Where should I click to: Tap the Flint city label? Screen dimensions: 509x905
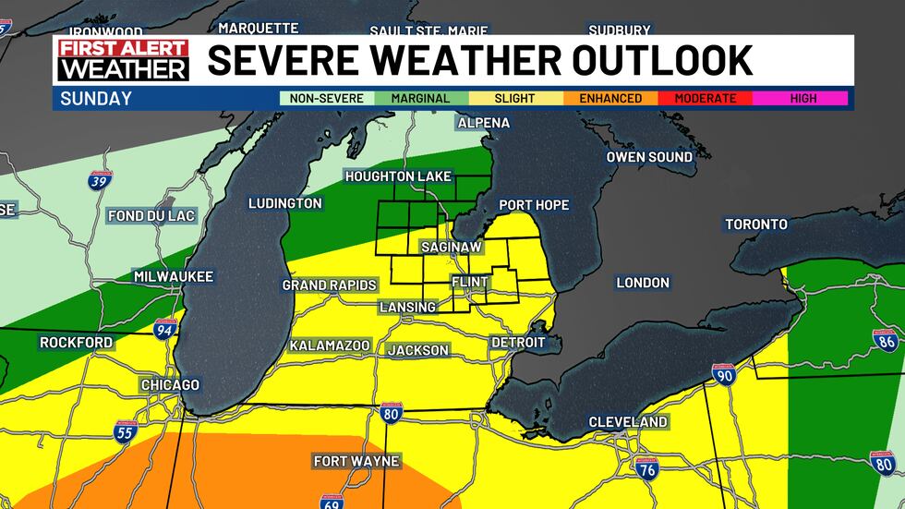pyautogui.click(x=469, y=281)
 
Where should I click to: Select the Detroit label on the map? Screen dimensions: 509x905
pyautogui.click(x=518, y=343)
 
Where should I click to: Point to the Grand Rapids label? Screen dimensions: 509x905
pyautogui.click(x=330, y=285)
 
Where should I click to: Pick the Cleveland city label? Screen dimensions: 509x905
pyautogui.click(x=628, y=422)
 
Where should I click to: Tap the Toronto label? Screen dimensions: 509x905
pyautogui.click(x=755, y=224)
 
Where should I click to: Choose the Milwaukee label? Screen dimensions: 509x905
pyautogui.click(x=173, y=277)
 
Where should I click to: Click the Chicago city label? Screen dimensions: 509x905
pyautogui.click(x=170, y=385)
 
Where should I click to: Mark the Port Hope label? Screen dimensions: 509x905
pyautogui.click(x=534, y=205)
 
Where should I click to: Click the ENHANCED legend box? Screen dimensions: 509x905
pyautogui.click(x=610, y=98)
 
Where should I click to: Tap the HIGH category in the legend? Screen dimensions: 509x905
pyautogui.click(x=802, y=98)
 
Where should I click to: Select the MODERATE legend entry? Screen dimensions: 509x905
pyautogui.click(x=706, y=98)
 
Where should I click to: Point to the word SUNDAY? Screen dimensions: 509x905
pyautogui.click(x=96, y=98)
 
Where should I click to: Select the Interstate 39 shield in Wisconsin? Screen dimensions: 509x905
pyautogui.click(x=99, y=179)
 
